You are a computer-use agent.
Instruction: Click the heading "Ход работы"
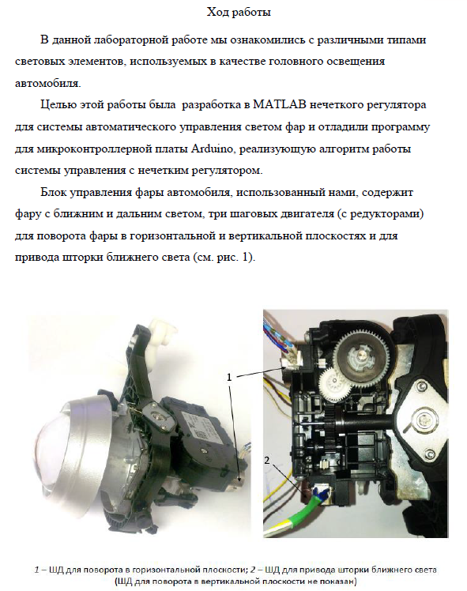tap(239, 13)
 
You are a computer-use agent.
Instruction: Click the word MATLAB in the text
tap(279, 104)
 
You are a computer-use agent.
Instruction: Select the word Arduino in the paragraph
tap(212, 149)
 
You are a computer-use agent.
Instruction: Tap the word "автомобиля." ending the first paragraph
tap(48, 83)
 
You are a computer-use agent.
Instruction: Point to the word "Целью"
tap(58, 105)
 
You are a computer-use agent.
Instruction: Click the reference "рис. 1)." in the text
tap(236, 258)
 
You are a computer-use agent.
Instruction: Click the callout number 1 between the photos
tap(229, 377)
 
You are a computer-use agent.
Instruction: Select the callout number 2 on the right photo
tap(267, 460)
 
